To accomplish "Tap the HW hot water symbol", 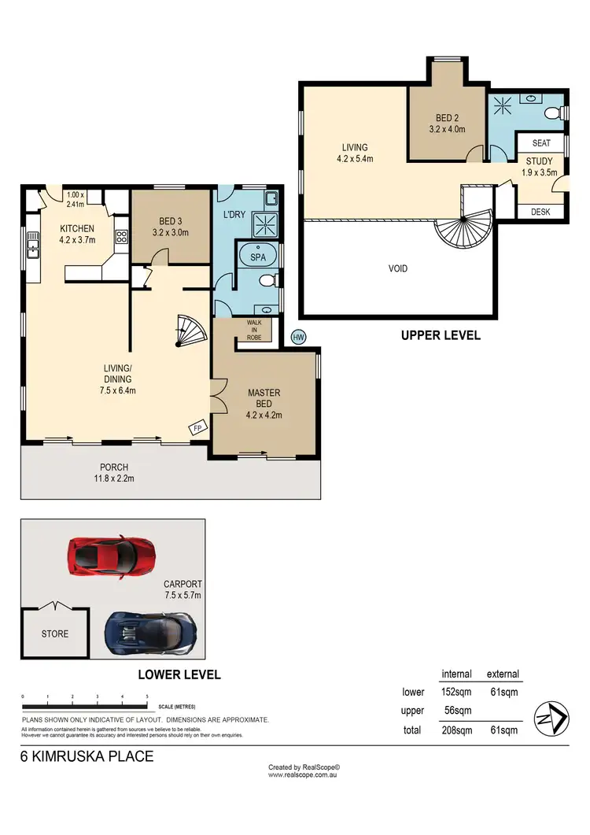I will click(298, 337).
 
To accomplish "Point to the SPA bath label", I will click(257, 257).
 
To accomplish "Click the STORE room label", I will click(55, 634).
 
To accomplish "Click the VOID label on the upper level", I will click(398, 268).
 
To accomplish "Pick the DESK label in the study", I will click(540, 212).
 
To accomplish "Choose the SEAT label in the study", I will click(541, 143).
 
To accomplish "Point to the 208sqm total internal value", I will click(456, 730).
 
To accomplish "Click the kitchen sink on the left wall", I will click(34, 246).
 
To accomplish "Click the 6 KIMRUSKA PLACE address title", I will click(87, 757).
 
